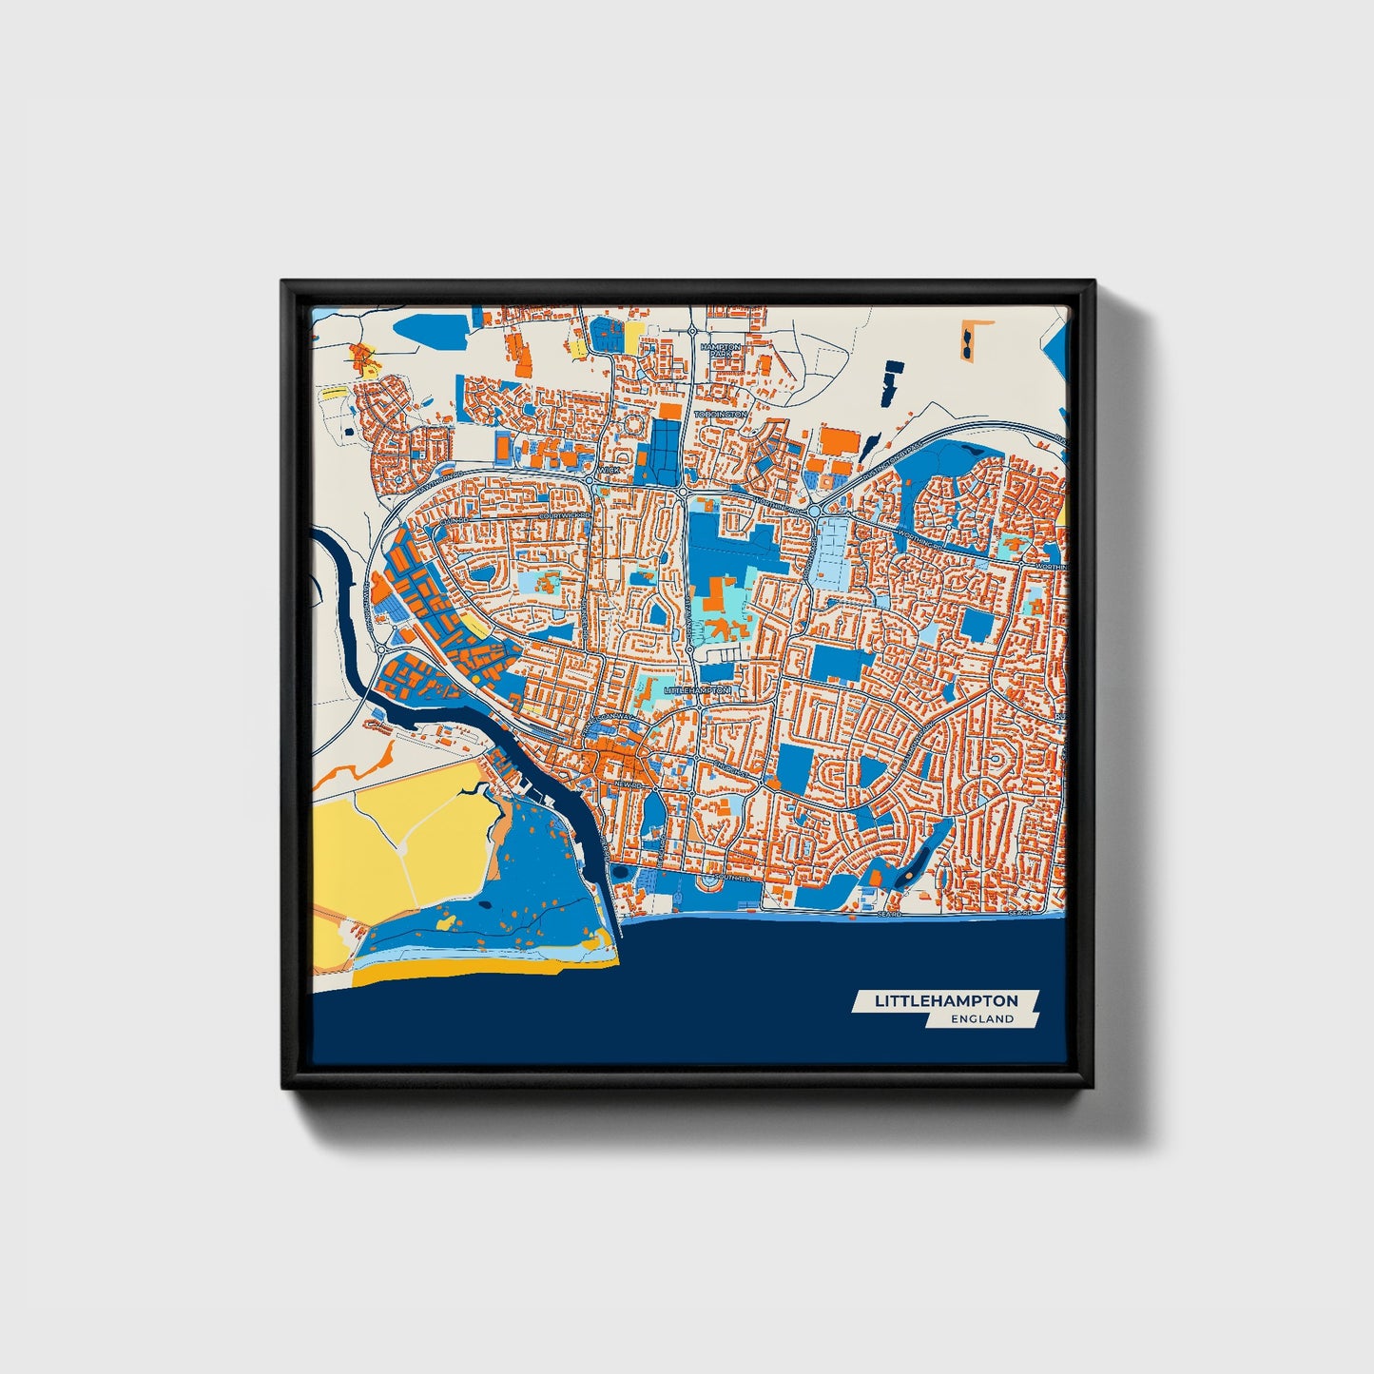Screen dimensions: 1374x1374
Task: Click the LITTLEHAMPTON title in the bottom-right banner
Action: [x=945, y=1000]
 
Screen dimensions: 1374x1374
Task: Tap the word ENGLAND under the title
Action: [x=982, y=1018]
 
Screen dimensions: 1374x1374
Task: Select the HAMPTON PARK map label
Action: [x=720, y=349]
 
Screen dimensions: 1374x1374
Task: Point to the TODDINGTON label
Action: [x=720, y=415]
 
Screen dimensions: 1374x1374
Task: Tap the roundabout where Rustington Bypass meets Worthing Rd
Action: [x=816, y=512]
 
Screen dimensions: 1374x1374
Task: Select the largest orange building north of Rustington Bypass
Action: [x=840, y=441]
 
